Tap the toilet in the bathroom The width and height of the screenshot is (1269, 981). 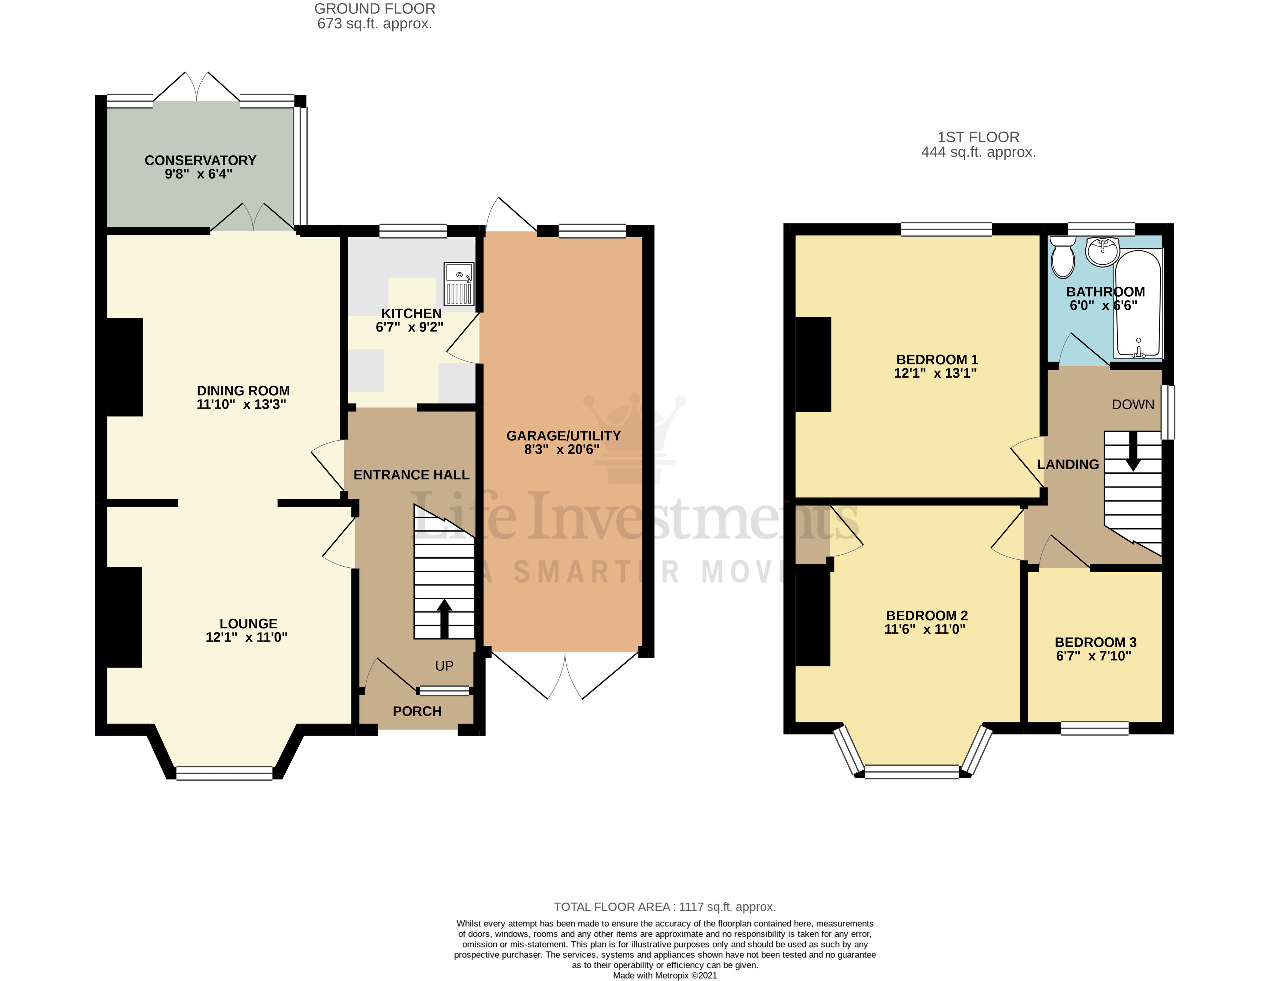pos(1063,258)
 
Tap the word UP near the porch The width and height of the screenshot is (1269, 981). pos(444,666)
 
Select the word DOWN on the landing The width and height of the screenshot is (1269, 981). pos(1133,404)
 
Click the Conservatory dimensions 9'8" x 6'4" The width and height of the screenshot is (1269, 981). pos(199,174)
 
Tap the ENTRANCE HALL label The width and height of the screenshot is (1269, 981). pos(411,475)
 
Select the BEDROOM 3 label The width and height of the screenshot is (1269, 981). pos(1095,642)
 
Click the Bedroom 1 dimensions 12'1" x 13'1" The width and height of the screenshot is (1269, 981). pos(935,373)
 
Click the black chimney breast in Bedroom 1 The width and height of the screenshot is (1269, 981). pos(813,364)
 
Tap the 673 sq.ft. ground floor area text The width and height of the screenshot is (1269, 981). pos(374,24)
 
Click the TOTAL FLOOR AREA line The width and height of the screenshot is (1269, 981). pos(664,907)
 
